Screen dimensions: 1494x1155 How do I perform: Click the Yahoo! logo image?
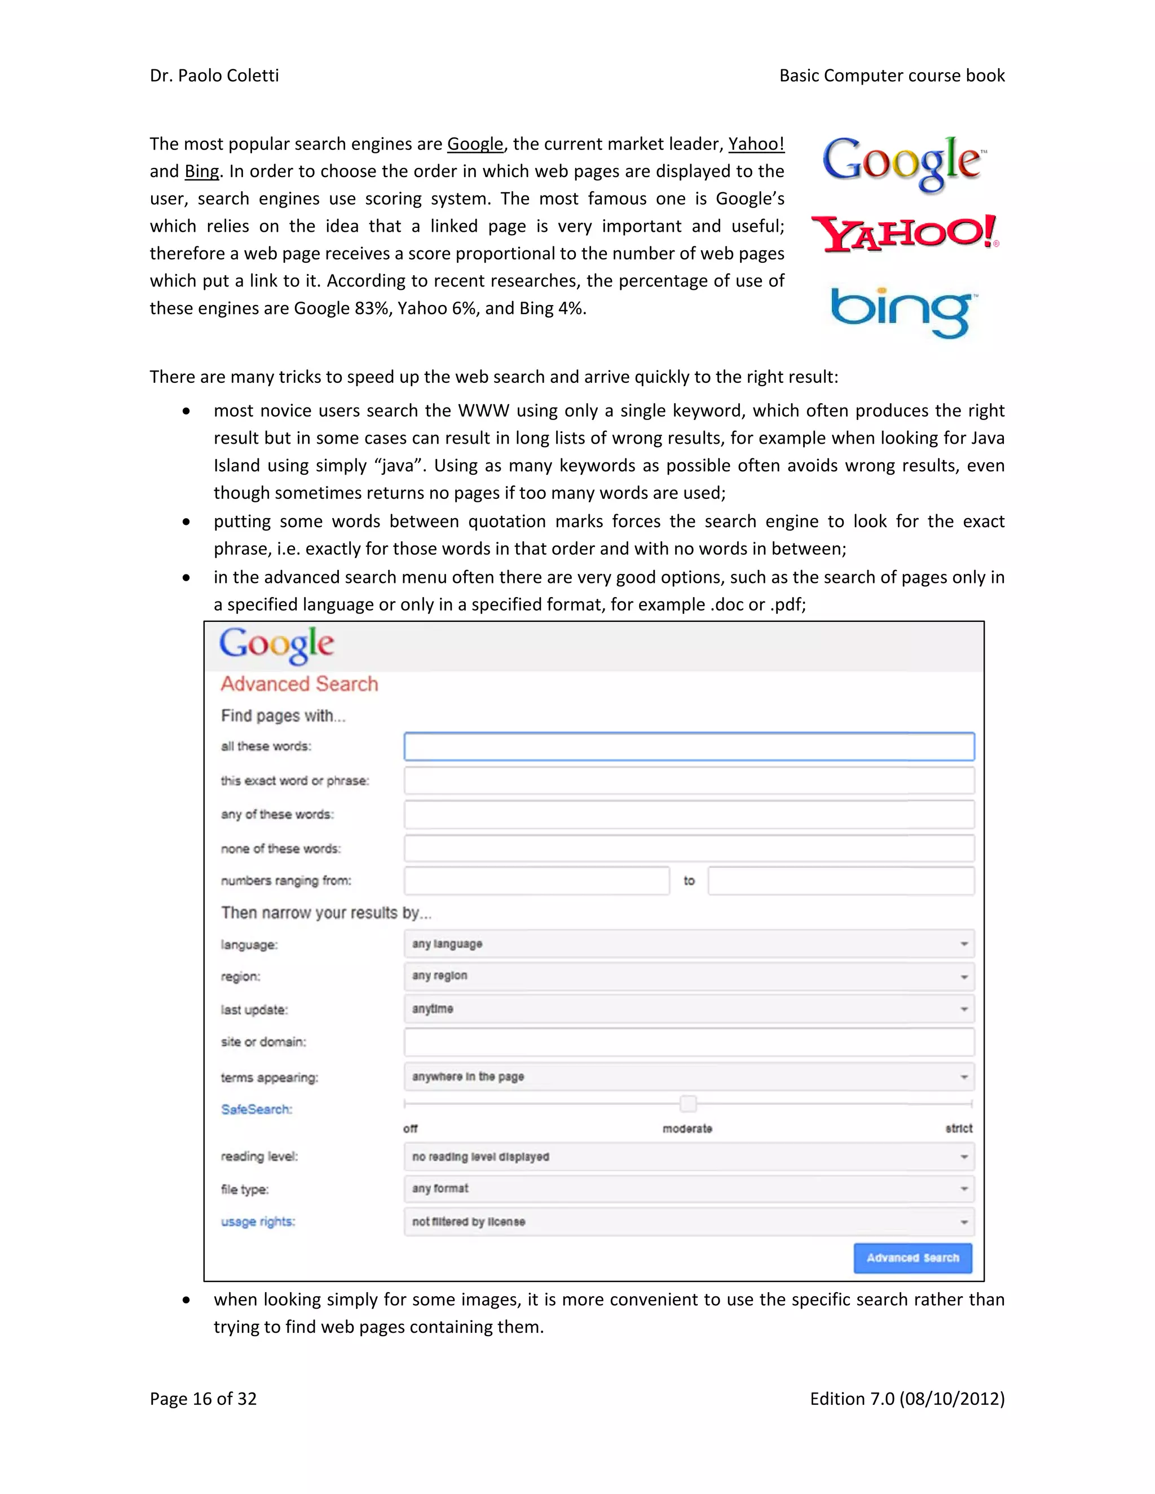pyautogui.click(x=905, y=234)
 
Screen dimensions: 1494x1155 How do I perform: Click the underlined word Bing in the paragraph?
pyautogui.click(x=202, y=172)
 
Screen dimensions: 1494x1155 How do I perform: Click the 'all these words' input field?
pyautogui.click(x=689, y=746)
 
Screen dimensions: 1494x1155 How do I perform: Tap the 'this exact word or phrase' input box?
pyautogui.click(x=689, y=780)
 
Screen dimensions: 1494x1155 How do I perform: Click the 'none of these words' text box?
pyautogui.click(x=689, y=848)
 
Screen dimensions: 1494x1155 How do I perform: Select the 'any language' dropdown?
pyautogui.click(x=689, y=944)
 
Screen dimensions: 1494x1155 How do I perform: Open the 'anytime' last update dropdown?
pyautogui.click(x=689, y=1009)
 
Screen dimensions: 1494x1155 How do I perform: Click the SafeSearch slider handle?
pyautogui.click(x=689, y=1103)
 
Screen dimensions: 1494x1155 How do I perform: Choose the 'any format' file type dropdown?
pyautogui.click(x=689, y=1189)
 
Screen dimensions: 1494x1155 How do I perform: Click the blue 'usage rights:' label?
pyautogui.click(x=258, y=1222)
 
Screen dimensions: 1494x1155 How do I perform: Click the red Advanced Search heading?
pyautogui.click(x=299, y=684)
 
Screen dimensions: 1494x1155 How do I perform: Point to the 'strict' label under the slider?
pyautogui.click(x=958, y=1129)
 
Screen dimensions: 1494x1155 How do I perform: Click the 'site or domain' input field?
pyautogui.click(x=689, y=1042)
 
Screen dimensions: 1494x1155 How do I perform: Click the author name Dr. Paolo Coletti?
pyautogui.click(x=214, y=76)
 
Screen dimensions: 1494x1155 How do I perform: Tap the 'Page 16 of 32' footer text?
pyautogui.click(x=203, y=1399)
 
